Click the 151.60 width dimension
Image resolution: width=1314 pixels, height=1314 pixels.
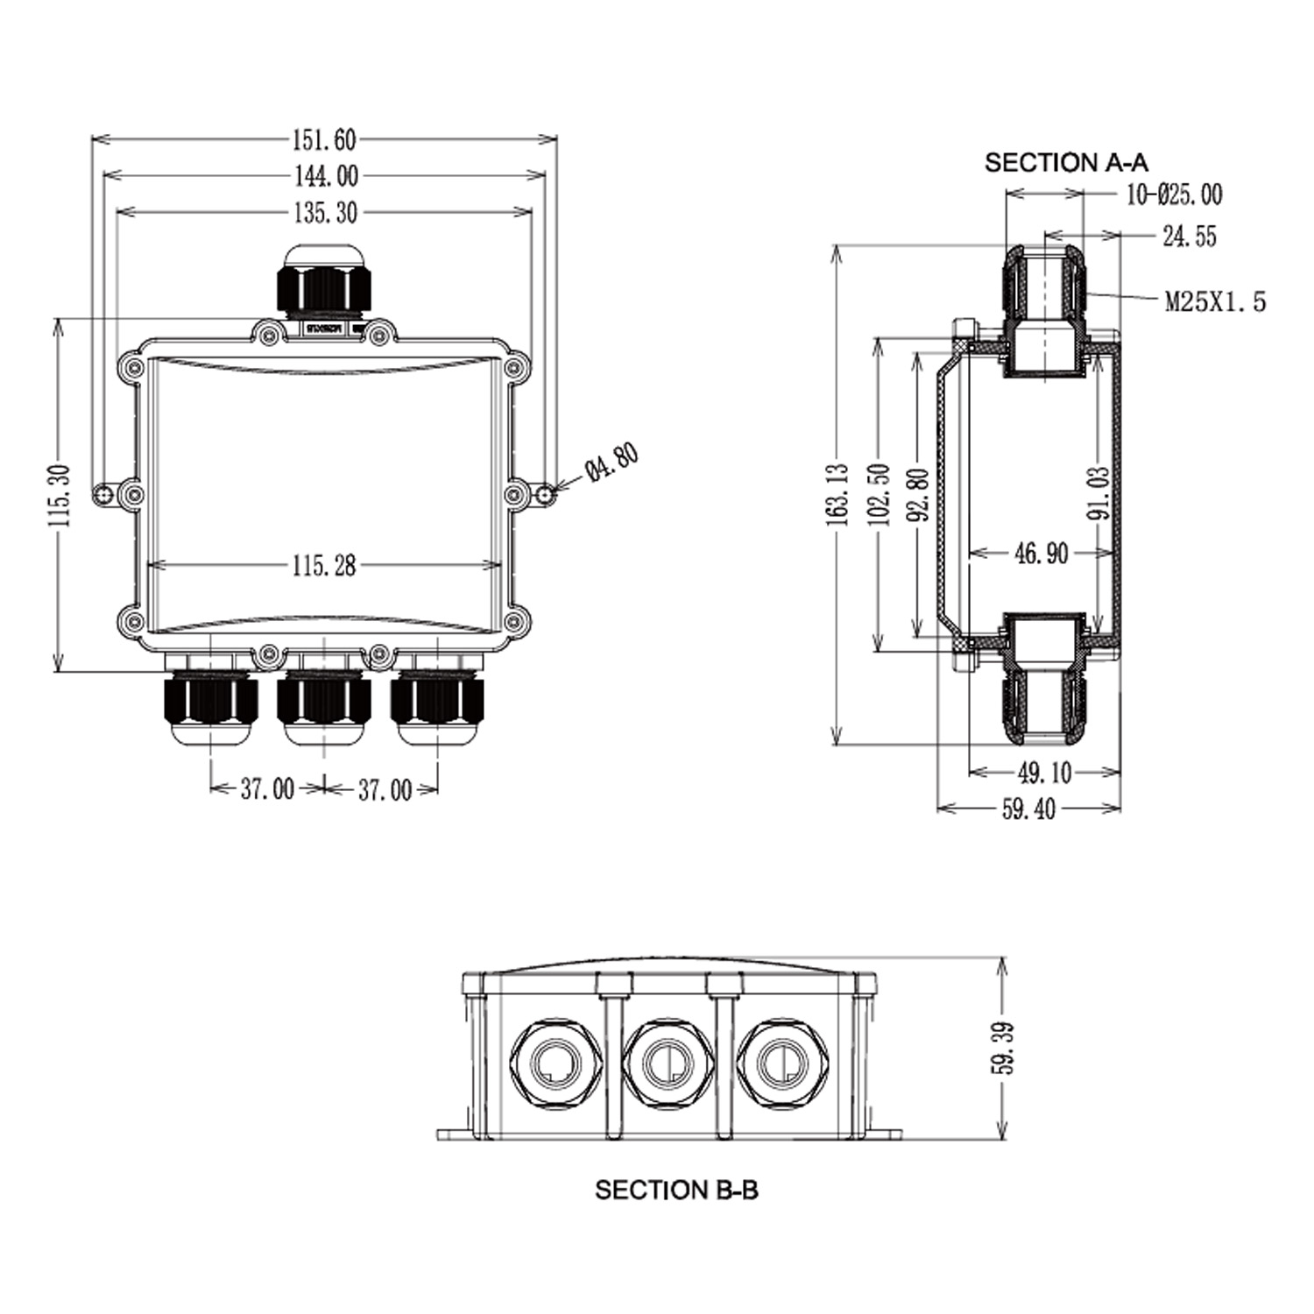pyautogui.click(x=324, y=139)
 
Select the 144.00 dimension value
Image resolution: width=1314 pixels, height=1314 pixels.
pyautogui.click(x=325, y=176)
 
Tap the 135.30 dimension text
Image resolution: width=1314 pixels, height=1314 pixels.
pyautogui.click(x=324, y=212)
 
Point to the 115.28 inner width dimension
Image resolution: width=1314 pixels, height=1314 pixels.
pyautogui.click(x=324, y=566)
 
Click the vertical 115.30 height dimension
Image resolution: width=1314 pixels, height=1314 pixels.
pyautogui.click(x=60, y=495)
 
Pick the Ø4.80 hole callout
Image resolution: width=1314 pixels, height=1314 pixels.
pyautogui.click(x=612, y=462)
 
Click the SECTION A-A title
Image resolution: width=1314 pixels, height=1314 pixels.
pyautogui.click(x=1066, y=162)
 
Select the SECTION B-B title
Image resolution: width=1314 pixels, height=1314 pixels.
pyautogui.click(x=676, y=1190)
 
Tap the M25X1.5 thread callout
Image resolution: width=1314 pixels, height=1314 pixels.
pyautogui.click(x=1215, y=302)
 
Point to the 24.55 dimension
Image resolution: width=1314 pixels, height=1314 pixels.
pyautogui.click(x=1189, y=236)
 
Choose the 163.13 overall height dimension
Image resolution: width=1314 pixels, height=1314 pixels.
pyautogui.click(x=838, y=495)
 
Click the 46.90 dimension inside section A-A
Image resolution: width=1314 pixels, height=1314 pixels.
pyautogui.click(x=1041, y=554)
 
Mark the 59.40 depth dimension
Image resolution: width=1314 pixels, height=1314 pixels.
pyautogui.click(x=1028, y=809)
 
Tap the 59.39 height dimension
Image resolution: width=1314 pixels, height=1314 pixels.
pyautogui.click(x=1006, y=1048)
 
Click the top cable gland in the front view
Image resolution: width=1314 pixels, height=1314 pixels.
pyautogui.click(x=323, y=280)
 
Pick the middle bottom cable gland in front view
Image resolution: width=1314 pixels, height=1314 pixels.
pyautogui.click(x=324, y=705)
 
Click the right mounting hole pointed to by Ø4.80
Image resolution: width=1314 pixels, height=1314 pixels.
pyautogui.click(x=546, y=496)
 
